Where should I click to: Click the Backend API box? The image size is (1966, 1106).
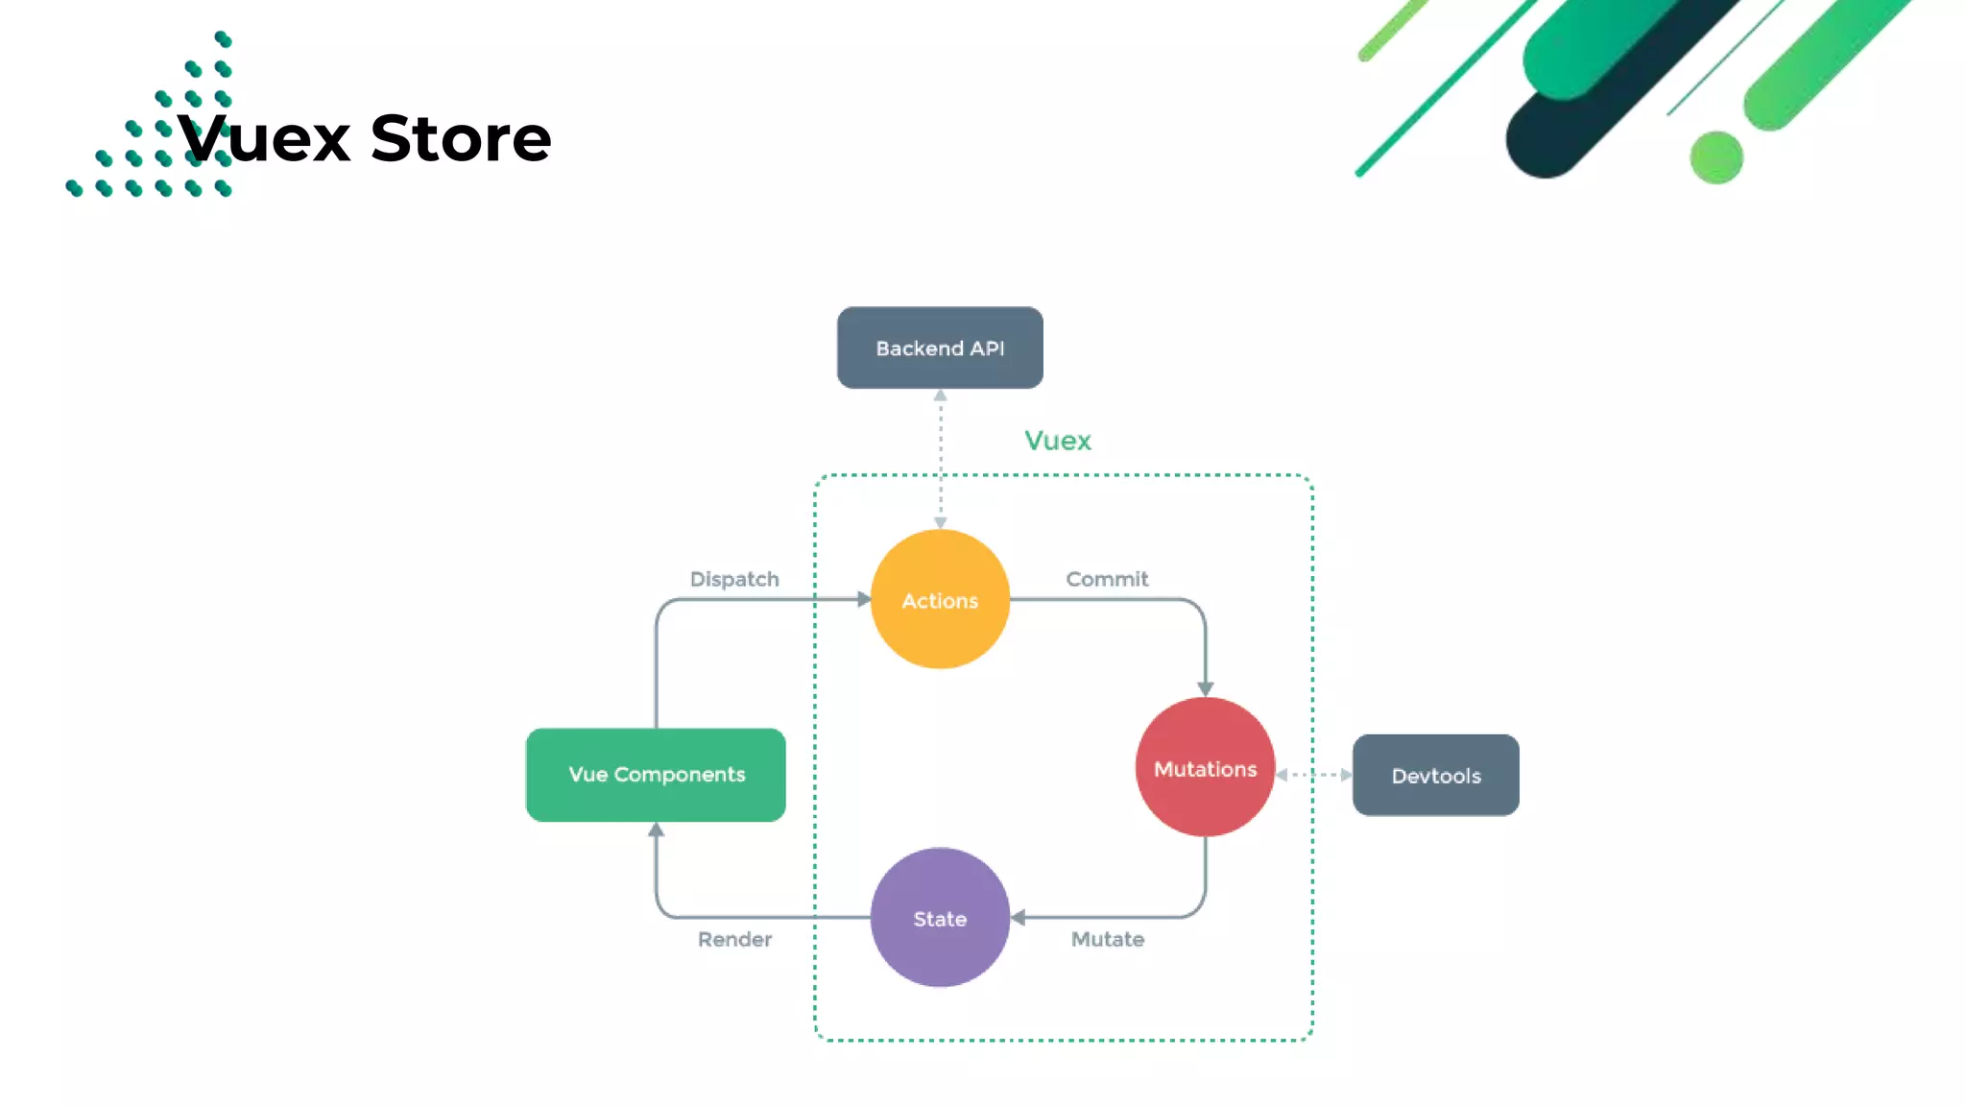tap(940, 348)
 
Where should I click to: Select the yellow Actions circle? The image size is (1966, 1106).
tap(940, 599)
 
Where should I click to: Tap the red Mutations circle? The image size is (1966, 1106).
tap(1205, 767)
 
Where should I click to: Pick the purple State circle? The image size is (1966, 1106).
tap(940, 918)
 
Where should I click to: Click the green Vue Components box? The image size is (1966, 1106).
tap(656, 775)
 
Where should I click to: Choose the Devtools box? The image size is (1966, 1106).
tap(1435, 776)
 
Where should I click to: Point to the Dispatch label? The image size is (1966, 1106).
tap(734, 579)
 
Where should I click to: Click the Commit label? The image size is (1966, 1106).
tap(1107, 579)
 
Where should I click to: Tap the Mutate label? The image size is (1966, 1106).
tap(1108, 939)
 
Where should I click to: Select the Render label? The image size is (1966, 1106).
tap(734, 939)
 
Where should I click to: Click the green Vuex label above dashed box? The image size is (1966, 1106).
tap(1057, 441)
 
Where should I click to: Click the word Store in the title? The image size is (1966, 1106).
tap(461, 138)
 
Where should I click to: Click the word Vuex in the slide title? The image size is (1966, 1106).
tap(265, 138)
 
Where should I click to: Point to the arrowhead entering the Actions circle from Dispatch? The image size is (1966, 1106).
tap(864, 599)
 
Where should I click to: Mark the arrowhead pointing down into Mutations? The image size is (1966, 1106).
tap(1205, 688)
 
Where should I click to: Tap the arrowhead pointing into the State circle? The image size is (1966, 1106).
tap(1019, 918)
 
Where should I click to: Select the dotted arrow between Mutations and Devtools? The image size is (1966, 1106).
tap(1313, 775)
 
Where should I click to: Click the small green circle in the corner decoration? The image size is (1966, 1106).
tap(1715, 157)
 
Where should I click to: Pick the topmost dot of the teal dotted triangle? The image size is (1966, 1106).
tap(223, 39)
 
